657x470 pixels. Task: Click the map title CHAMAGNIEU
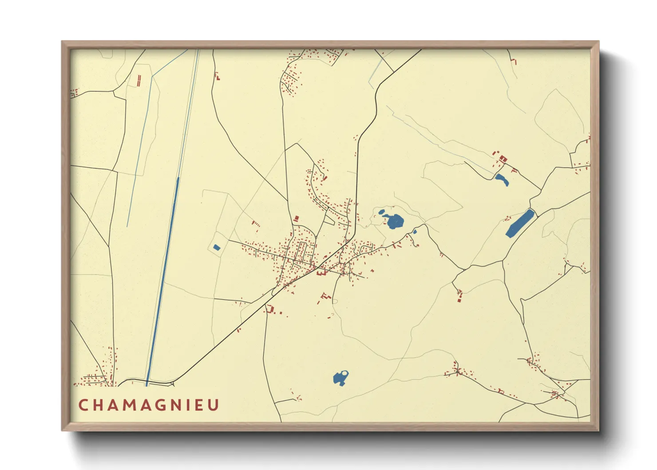tap(149, 405)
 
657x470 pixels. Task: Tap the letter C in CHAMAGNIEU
tap(83, 405)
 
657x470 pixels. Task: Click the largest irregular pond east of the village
tap(394, 221)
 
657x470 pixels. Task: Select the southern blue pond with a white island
tap(340, 378)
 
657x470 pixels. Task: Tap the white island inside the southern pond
tap(345, 373)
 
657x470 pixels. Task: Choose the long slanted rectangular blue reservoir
tap(519, 223)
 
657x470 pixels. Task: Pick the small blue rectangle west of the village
tap(217, 247)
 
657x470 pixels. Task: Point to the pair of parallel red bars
tap(139, 80)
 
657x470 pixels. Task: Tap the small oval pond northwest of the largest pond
tap(381, 211)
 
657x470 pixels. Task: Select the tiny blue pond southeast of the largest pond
tap(415, 231)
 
